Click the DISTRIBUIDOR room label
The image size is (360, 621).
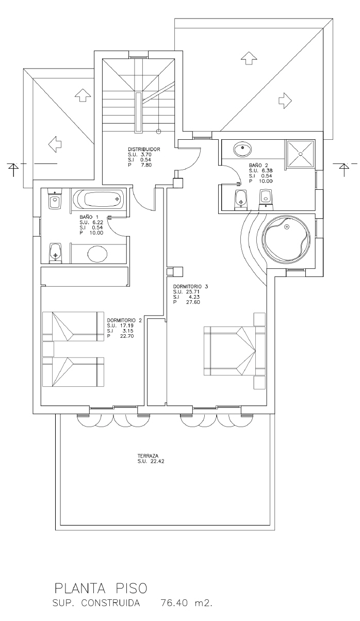click(144, 149)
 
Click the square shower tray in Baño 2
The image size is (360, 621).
click(301, 154)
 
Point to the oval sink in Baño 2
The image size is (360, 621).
click(243, 150)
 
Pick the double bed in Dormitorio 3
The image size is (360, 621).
click(235, 351)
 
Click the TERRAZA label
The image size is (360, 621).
click(148, 455)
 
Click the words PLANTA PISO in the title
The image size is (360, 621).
click(101, 589)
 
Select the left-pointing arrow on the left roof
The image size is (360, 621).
click(55, 144)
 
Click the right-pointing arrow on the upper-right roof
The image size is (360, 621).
click(285, 100)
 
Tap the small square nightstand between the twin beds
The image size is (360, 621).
click(48, 349)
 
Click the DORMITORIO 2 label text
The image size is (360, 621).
click(124, 320)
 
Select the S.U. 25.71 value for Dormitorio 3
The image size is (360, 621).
click(187, 291)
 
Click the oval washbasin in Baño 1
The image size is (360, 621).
click(97, 253)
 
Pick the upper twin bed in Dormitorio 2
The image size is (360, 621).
click(73, 326)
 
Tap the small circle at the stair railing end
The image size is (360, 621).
click(158, 132)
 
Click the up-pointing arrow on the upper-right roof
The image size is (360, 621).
click(248, 58)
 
